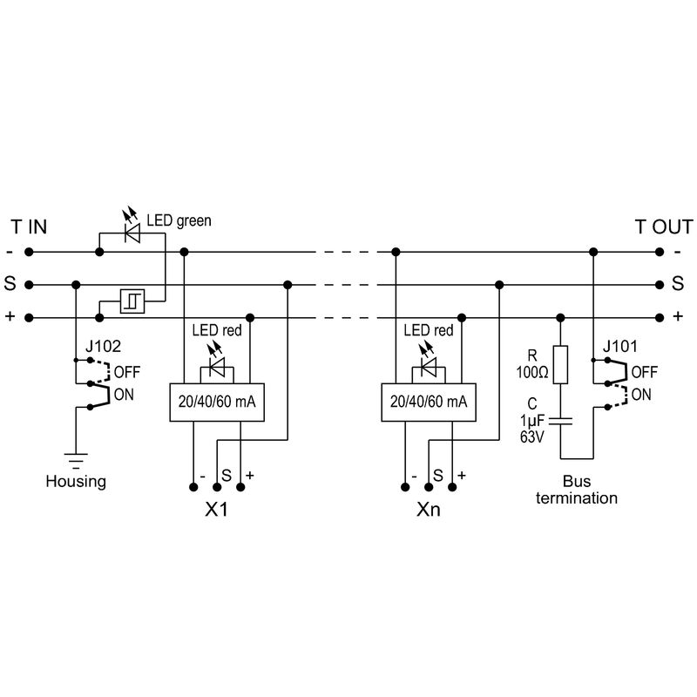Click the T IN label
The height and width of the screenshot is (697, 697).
coord(29,227)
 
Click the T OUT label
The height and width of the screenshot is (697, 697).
coord(662,227)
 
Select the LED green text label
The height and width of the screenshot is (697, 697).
coord(179,221)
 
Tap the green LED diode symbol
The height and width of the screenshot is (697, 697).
coord(132,233)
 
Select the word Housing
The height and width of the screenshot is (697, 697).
coord(76,481)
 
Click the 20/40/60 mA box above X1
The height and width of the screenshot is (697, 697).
coord(215,402)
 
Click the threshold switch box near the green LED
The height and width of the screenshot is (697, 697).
coord(132,301)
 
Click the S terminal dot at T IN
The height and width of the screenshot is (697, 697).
coord(29,285)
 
